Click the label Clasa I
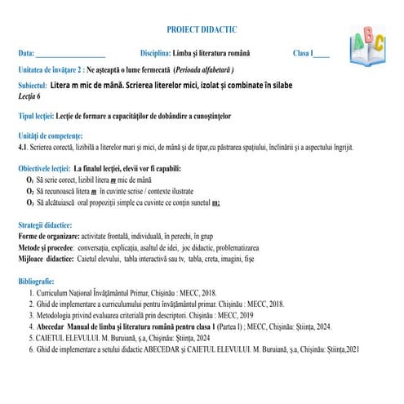pyautogui.click(x=303, y=54)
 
